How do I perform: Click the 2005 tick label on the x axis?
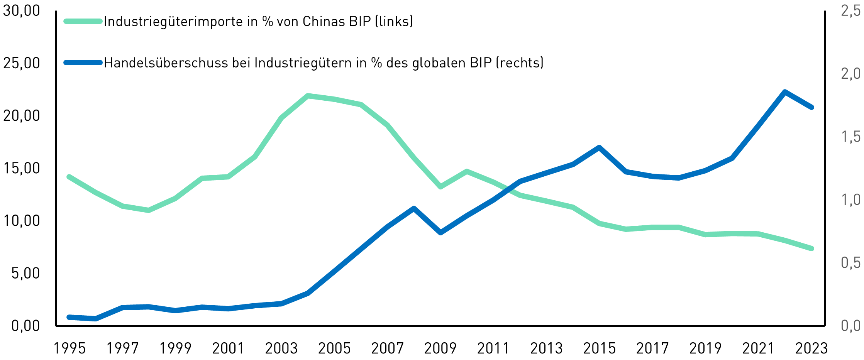[334, 348]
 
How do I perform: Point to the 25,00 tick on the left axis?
[22, 63]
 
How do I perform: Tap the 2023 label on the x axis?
[811, 348]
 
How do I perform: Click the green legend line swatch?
[83, 21]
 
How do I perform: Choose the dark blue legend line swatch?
[83, 63]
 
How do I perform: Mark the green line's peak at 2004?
[308, 96]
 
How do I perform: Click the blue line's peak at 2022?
[784, 92]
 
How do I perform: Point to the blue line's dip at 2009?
[440, 233]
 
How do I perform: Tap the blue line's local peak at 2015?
[599, 147]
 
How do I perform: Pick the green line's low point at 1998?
[149, 210]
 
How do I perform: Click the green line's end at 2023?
[811, 248]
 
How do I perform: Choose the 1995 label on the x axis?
[69, 348]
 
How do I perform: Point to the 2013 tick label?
[546, 348]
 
